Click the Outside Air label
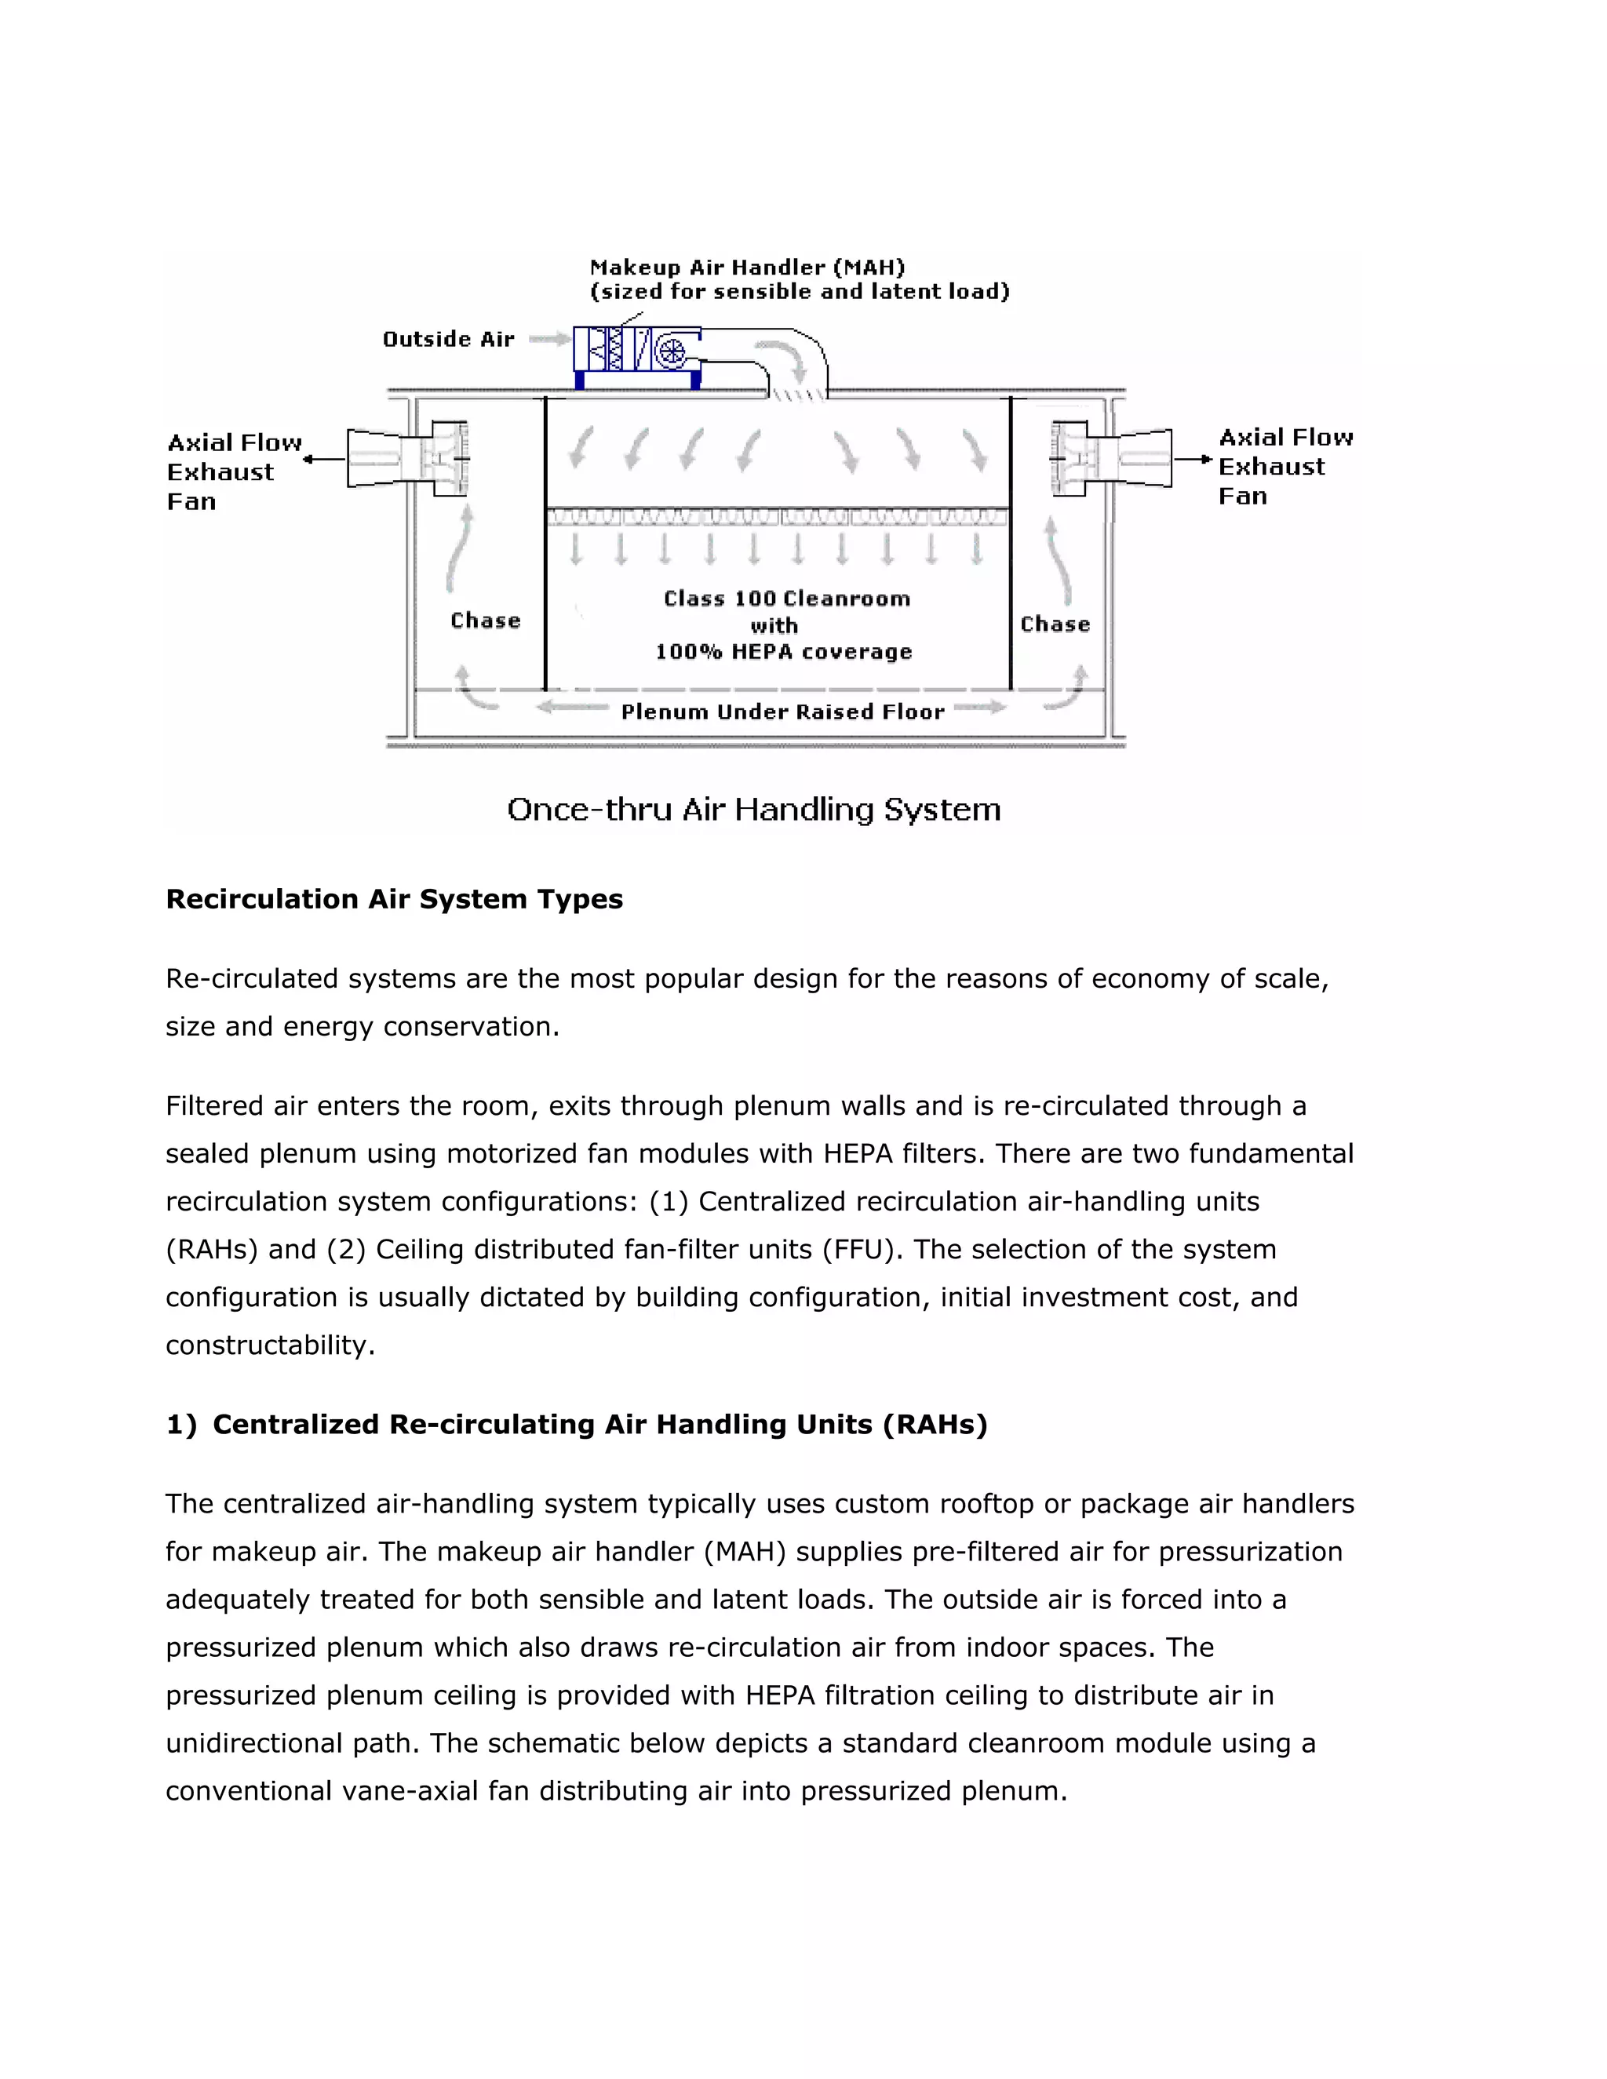[x=447, y=339]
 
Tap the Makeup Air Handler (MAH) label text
[x=746, y=268]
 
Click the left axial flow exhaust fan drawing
[x=407, y=459]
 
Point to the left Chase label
[x=486, y=621]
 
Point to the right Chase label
[x=1055, y=624]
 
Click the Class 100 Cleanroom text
[x=786, y=599]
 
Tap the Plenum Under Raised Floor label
[x=782, y=712]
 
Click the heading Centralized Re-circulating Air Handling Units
[x=599, y=1424]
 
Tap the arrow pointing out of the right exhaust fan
[x=1192, y=460]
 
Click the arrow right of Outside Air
[x=548, y=339]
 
